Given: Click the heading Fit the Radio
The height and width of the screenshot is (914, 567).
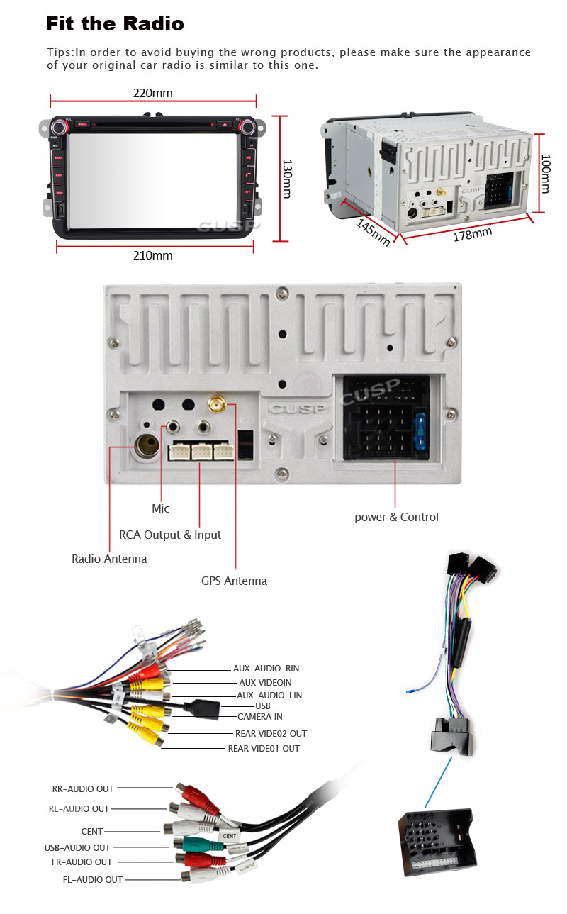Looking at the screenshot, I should click(115, 24).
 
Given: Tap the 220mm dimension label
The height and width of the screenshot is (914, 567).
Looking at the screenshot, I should click(152, 93).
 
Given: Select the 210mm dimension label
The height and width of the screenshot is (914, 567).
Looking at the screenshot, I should click(152, 255).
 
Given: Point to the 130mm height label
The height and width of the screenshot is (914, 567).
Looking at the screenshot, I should click(287, 178).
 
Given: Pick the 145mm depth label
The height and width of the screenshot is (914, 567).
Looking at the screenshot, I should click(373, 232).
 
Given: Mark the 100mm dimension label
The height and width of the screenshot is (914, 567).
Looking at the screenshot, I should click(545, 174).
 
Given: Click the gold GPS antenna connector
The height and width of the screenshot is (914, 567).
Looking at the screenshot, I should click(217, 406).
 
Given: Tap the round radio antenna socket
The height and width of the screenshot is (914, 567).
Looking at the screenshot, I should click(149, 446).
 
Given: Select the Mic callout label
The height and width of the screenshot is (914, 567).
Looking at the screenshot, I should click(161, 508).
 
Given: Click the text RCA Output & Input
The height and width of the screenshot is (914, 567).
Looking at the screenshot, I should click(170, 535).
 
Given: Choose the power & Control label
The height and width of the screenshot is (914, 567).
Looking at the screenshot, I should click(396, 517).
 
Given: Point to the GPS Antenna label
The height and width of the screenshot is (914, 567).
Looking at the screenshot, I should click(234, 581).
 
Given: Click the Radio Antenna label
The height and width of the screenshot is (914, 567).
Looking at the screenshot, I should click(109, 559).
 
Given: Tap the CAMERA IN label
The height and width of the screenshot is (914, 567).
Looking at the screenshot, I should click(259, 716).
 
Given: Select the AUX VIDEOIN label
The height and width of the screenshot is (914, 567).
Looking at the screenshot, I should click(265, 682).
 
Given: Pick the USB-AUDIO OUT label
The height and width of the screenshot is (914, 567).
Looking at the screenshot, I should click(77, 847).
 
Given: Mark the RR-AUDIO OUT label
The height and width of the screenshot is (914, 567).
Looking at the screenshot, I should click(83, 788).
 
